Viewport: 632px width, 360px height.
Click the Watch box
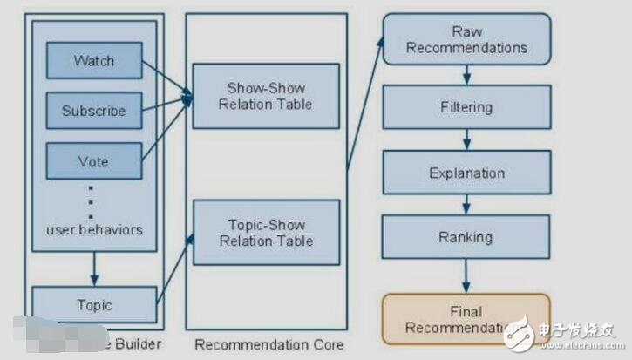point(94,60)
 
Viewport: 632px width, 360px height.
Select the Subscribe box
point(94,111)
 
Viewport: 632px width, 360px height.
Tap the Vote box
point(94,160)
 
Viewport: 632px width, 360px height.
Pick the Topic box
point(94,305)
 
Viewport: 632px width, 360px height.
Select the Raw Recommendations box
point(466,39)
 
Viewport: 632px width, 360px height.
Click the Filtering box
point(466,108)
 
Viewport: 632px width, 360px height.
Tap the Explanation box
point(466,173)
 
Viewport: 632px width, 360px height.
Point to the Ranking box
point(466,236)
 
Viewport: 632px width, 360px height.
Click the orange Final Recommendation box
point(466,319)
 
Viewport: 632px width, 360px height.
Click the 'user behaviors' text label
point(94,229)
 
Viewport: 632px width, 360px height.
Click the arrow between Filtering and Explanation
point(467,139)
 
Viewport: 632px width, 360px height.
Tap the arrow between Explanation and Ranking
point(467,204)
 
